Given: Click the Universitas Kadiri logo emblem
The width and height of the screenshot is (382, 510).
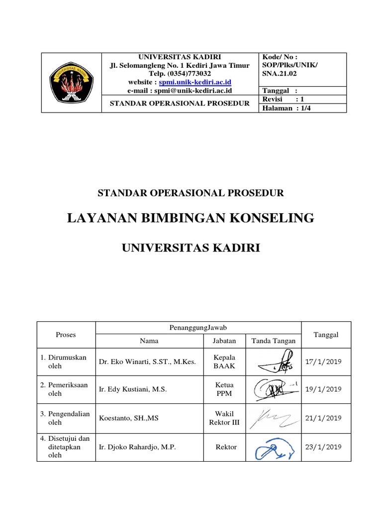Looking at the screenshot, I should pyautogui.click(x=71, y=82).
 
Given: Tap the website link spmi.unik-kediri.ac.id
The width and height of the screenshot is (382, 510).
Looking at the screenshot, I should pyautogui.click(x=195, y=82).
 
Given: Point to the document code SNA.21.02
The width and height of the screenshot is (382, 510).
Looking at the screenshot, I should pyautogui.click(x=279, y=73).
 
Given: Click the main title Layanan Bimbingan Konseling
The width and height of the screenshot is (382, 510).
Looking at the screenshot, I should pyautogui.click(x=191, y=218).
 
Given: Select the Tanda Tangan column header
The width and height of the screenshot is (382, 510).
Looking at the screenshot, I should pyautogui.click(x=273, y=341).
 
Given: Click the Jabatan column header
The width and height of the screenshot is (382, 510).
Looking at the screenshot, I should pyautogui.click(x=224, y=341).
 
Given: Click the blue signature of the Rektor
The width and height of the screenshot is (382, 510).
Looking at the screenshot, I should pyautogui.click(x=273, y=450).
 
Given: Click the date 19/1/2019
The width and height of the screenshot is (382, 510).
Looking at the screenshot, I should pyautogui.click(x=323, y=389).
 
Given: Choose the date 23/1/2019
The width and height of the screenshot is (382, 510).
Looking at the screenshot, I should pyautogui.click(x=323, y=447).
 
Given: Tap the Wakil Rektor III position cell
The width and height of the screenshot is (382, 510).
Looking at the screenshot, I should pyautogui.click(x=224, y=418).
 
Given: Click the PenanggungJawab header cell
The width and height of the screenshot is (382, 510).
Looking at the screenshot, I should pyautogui.click(x=198, y=327).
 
